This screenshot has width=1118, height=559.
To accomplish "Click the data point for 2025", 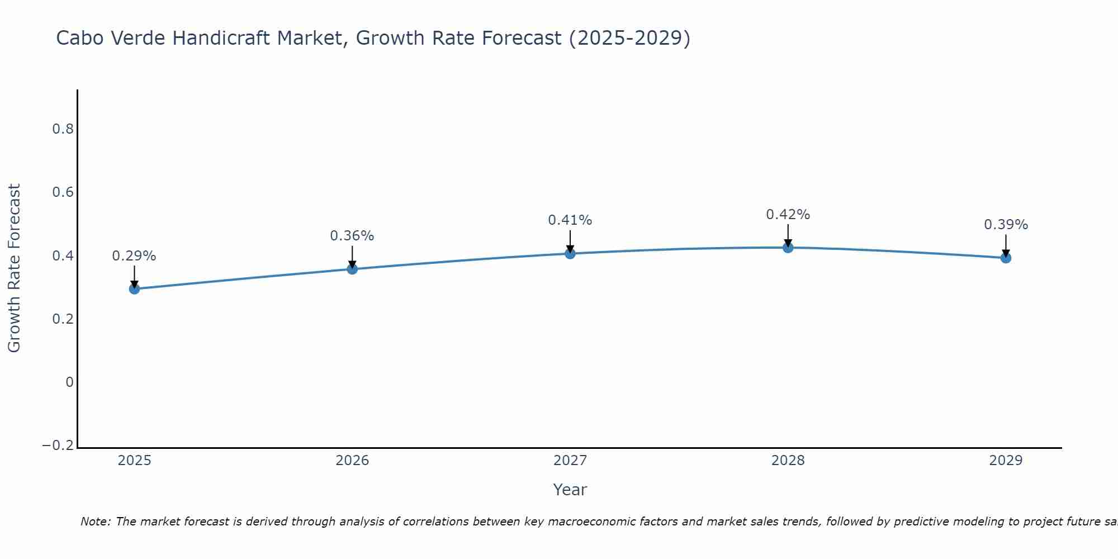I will tap(134, 288).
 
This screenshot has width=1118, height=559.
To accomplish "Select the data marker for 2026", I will tap(352, 269).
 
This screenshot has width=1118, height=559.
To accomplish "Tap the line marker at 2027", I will tap(570, 254).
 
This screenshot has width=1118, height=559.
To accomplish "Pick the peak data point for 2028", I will tap(788, 248).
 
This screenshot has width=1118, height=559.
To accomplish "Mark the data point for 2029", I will tap(1006, 258).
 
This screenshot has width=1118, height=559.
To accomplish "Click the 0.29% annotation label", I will tap(134, 256).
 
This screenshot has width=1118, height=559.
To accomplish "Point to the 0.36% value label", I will tap(352, 236).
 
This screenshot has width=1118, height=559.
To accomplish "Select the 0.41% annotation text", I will tap(570, 220).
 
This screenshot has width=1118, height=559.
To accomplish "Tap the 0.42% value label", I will tap(788, 215).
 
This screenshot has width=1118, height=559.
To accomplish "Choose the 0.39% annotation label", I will tap(1006, 225).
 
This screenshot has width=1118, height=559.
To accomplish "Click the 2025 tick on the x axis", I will tap(134, 461).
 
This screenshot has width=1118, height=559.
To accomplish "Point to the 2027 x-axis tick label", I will tap(570, 461).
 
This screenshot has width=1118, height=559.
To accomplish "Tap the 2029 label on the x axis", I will tap(1006, 461).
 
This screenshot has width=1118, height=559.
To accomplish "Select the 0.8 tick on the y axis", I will tap(63, 129).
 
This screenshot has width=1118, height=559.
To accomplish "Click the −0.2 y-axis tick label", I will tap(58, 446).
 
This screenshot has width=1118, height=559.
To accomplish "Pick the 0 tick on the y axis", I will tap(70, 382).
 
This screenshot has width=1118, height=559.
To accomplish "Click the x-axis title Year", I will tap(570, 490).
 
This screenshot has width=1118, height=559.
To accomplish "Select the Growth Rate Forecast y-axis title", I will tap(15, 268).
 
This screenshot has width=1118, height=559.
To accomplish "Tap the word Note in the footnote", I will tap(95, 522).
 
